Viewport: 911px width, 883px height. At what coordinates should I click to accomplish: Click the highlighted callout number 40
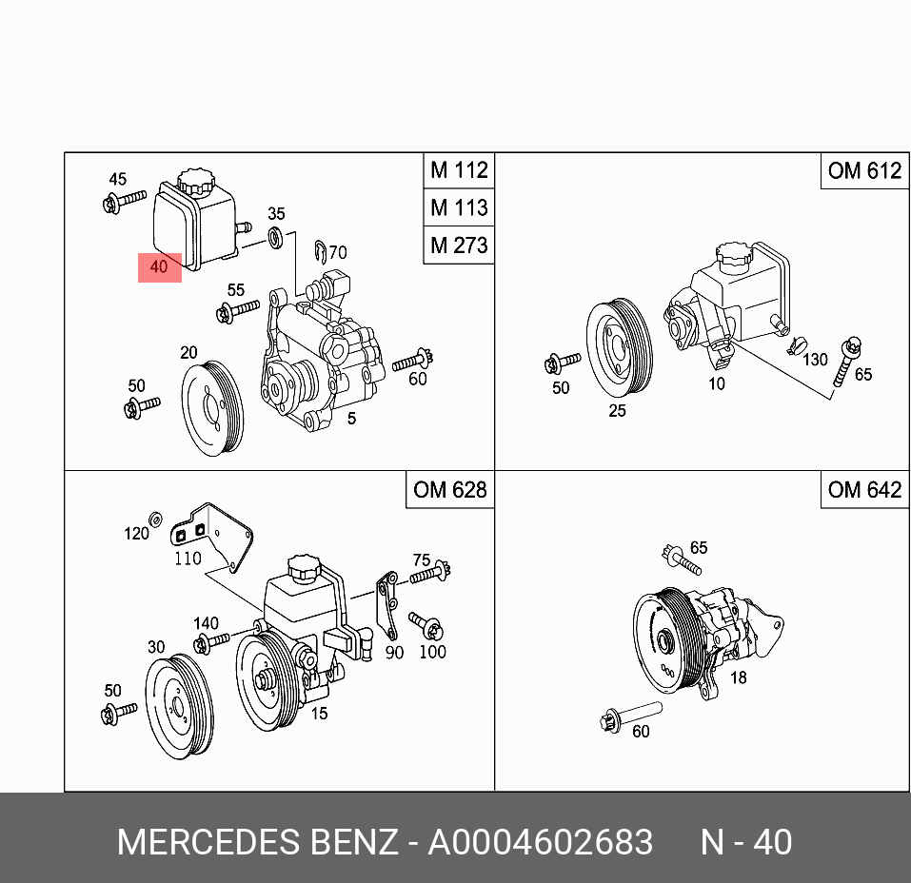159,267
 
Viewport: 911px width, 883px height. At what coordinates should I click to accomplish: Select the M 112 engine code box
459,170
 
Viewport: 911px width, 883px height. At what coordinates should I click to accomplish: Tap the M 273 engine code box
459,245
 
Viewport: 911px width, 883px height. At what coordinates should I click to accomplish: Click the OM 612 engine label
863,170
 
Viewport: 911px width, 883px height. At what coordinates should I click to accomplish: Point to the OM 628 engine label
449,489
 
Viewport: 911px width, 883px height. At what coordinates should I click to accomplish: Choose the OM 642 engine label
863,489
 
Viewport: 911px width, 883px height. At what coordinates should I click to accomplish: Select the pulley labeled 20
213,408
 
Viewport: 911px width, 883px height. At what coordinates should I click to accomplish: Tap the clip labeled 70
322,251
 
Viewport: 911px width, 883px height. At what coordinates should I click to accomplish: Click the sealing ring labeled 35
275,238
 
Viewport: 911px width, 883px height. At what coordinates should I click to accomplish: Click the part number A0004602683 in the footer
540,842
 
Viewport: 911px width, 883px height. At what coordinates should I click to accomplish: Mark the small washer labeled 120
157,519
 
